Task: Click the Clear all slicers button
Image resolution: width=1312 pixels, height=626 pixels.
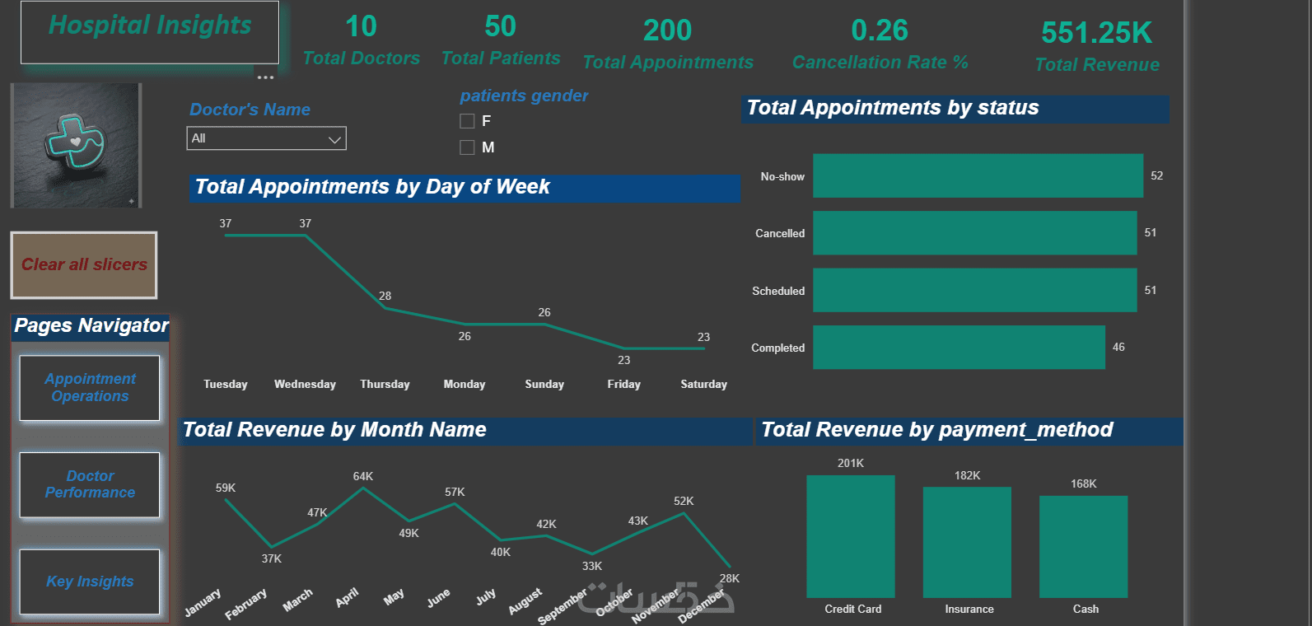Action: [84, 264]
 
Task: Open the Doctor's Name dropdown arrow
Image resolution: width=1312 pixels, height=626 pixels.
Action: [334, 139]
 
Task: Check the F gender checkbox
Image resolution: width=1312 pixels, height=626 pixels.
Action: [467, 121]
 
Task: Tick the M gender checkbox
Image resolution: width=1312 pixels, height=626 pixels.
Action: [467, 147]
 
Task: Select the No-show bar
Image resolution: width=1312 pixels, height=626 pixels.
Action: [978, 175]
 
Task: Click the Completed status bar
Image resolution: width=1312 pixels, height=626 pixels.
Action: [959, 348]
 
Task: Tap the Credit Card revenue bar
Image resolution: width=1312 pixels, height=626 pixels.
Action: [851, 536]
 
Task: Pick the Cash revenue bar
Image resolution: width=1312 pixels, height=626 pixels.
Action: [1084, 547]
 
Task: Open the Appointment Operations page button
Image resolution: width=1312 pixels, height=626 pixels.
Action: [90, 388]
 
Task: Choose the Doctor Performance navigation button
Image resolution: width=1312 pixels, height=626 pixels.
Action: [90, 484]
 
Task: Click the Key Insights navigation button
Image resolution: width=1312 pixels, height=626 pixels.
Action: [90, 582]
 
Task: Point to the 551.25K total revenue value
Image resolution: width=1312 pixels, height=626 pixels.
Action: [1096, 33]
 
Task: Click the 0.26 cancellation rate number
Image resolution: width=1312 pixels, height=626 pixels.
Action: [879, 30]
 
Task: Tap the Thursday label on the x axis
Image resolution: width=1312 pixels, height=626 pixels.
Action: [385, 384]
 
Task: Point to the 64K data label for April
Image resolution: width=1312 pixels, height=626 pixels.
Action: [362, 476]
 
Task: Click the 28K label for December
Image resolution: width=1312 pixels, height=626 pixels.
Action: [729, 578]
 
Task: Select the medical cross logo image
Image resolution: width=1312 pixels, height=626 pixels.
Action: [76, 145]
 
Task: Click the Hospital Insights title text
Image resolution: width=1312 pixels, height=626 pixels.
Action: [150, 26]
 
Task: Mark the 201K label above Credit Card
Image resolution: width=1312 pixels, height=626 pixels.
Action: [851, 463]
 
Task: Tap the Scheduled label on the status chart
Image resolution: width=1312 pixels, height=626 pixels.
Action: [778, 291]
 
